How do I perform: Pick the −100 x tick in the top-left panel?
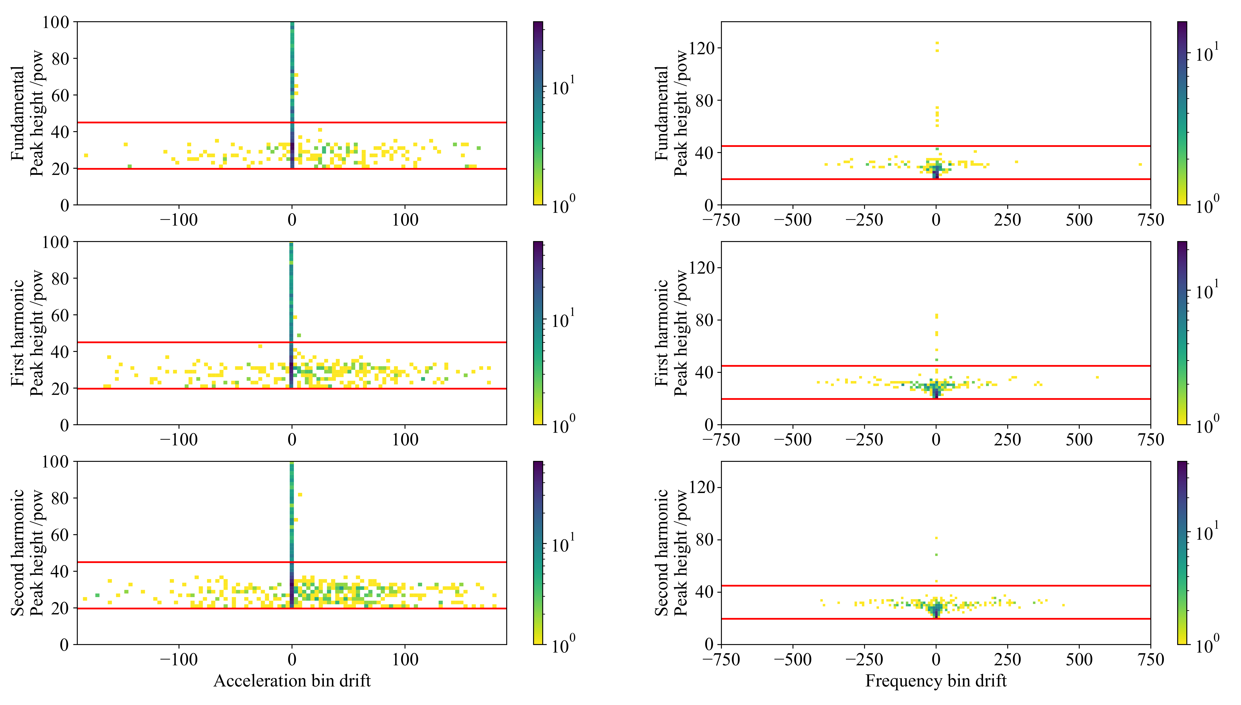click(179, 220)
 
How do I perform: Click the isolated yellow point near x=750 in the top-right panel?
click(1140, 165)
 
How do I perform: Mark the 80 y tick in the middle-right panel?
click(705, 320)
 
